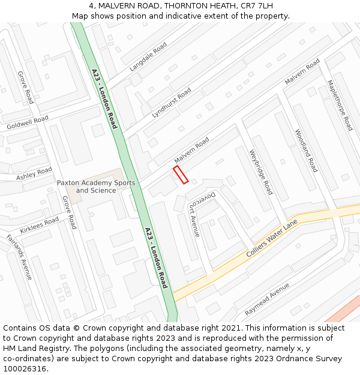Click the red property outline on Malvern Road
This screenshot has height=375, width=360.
[x=181, y=175]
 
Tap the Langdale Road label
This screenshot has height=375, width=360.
[x=148, y=57]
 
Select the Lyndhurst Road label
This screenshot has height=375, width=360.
[x=172, y=102]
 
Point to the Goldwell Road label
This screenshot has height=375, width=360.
[x=27, y=124]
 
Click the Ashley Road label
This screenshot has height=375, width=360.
[x=34, y=174]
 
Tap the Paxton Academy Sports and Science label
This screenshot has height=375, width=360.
[x=96, y=187]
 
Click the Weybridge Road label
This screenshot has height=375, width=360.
[x=261, y=172]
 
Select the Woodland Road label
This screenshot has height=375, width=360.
[x=305, y=151]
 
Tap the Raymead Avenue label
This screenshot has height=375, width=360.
[x=267, y=299]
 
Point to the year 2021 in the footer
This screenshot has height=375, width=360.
[x=231, y=328]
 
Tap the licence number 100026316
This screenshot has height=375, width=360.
[x=25, y=369]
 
